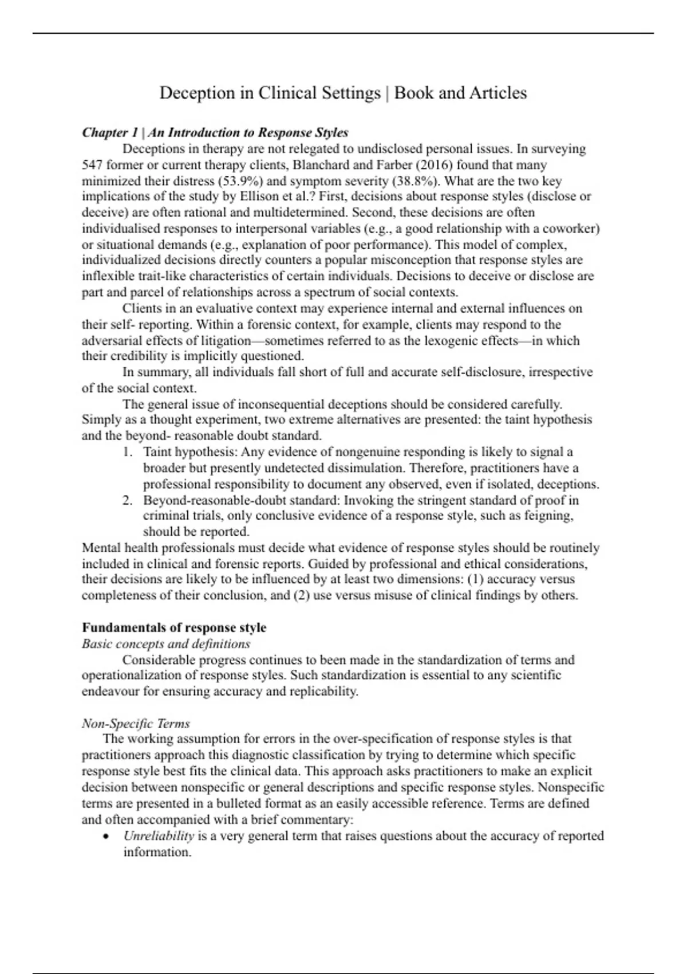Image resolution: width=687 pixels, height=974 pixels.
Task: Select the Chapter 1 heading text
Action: point(215,132)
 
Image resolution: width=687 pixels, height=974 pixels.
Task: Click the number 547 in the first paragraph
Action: point(92,165)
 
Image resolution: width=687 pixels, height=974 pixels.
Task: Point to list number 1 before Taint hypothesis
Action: point(128,452)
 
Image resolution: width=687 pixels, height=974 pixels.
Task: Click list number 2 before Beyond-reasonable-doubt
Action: point(128,500)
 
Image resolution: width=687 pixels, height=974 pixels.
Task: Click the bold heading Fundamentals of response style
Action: point(174,627)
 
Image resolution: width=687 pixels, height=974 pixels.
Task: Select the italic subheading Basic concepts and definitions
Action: point(166,643)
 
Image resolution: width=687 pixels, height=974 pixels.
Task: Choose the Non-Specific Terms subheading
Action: point(136,723)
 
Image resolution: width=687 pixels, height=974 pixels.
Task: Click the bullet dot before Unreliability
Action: point(106,836)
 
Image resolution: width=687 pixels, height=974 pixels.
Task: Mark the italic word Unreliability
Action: point(159,836)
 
